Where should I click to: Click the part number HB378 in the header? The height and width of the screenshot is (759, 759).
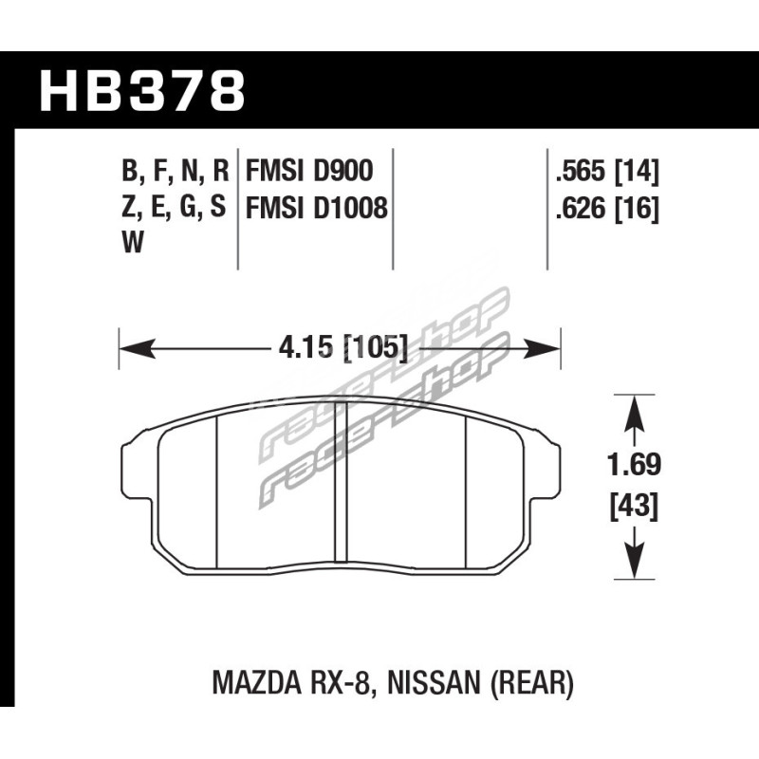pos(141,91)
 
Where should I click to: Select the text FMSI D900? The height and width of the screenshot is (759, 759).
pos(310,171)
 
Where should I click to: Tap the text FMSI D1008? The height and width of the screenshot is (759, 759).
pos(317,208)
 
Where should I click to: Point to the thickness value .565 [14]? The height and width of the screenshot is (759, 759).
pos(607,172)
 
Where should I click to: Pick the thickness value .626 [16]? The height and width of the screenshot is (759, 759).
pos(607,209)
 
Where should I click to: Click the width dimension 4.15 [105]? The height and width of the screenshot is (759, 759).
pos(342,347)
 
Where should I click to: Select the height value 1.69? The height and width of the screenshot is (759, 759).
pos(634,465)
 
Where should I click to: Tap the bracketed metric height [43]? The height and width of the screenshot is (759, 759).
pos(634,507)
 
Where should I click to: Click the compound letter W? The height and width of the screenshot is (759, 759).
pos(133,243)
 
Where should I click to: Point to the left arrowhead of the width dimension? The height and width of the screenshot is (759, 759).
pos(138,348)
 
